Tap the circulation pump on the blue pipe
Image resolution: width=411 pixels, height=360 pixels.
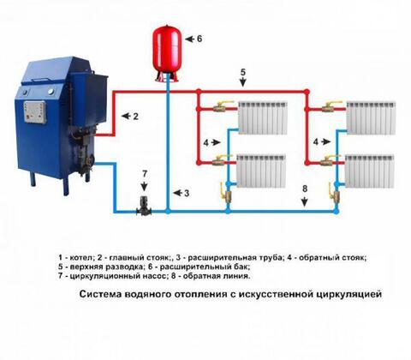coord(144,207)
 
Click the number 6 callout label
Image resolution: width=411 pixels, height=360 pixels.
coord(200,39)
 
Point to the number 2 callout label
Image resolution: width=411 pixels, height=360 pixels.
coord(135,116)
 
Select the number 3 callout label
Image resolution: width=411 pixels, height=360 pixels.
coord(187,193)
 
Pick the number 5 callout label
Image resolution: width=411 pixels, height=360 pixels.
coord(242,72)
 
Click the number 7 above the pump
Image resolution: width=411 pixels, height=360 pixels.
coord(145,173)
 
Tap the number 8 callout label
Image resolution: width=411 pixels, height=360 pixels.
coord(305,189)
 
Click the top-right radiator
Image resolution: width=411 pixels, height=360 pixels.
coord(371,117)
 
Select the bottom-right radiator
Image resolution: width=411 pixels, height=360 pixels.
coord(370,171)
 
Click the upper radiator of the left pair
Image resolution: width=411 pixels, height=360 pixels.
coord(263,117)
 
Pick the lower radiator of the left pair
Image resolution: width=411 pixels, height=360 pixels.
coord(261,171)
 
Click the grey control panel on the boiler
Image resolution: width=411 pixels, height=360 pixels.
coord(35,112)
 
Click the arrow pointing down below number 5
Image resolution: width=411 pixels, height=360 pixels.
coord(242,81)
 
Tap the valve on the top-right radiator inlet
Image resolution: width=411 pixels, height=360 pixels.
coord(331,107)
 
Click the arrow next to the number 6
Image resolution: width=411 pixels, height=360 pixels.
coord(190,39)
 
